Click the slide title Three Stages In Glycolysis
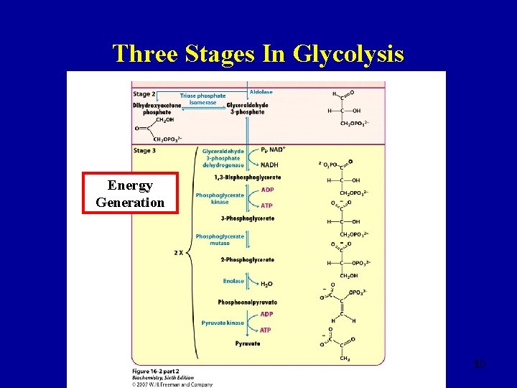coord(258,53)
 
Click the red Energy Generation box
coord(130,194)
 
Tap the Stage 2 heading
coord(144,93)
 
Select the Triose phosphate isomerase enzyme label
coord(202,99)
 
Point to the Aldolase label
coord(261,92)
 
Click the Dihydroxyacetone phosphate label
coord(157,108)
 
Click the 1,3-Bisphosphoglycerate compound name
coord(247,177)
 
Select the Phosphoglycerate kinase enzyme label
coord(220,198)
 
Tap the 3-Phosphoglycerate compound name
coord(247,218)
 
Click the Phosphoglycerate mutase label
coord(220,239)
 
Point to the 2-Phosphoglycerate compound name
coord(247,259)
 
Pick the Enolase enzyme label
coord(233,281)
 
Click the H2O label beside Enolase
coord(266,284)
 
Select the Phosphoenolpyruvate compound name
coord(247,302)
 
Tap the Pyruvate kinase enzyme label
coord(223,323)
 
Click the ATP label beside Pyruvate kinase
coord(266,330)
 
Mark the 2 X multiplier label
coord(180,252)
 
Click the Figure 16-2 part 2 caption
coord(157,370)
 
